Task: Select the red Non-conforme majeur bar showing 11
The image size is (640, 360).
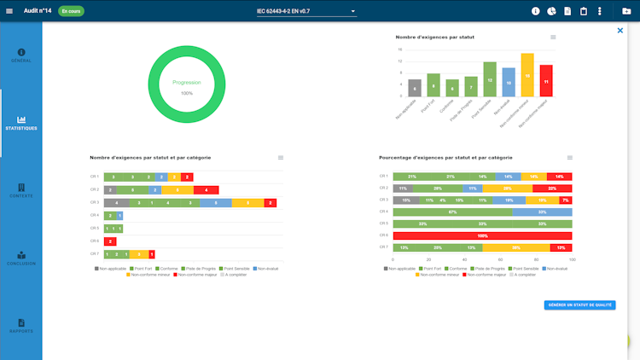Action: click(546, 81)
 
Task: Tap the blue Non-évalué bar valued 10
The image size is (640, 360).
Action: click(509, 83)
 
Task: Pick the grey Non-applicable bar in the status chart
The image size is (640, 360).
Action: click(415, 87)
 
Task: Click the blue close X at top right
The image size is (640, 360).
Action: click(620, 31)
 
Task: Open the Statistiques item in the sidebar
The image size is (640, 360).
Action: click(21, 123)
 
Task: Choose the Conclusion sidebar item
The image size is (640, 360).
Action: click(21, 258)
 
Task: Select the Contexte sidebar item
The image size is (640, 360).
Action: click(21, 190)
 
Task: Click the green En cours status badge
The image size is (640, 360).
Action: click(71, 11)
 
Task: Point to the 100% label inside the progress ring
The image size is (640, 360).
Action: click(187, 93)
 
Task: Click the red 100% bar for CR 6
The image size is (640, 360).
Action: click(482, 235)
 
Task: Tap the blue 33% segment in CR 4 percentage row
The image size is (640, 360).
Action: click(542, 212)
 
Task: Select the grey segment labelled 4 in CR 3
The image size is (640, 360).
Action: click(117, 203)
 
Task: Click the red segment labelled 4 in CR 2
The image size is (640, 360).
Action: click(206, 189)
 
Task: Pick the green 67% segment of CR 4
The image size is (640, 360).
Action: click(452, 212)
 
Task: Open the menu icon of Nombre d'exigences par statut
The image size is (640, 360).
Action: click(553, 38)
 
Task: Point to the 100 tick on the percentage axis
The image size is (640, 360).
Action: click(572, 259)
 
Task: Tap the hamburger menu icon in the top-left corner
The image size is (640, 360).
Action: click(10, 11)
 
